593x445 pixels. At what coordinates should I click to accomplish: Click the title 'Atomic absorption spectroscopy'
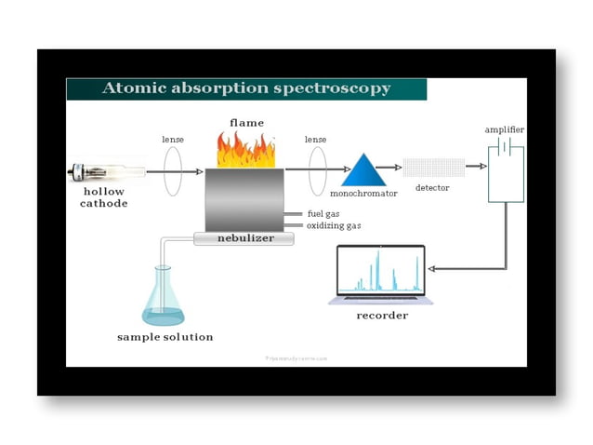coord(245,88)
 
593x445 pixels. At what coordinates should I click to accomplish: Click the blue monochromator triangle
coord(363,169)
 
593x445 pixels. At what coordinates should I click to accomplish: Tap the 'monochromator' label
coord(363,193)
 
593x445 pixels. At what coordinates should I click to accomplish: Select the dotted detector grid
coord(433,168)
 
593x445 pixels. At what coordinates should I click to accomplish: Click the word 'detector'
coord(432,188)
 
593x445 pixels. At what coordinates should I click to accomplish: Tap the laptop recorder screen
coord(380,270)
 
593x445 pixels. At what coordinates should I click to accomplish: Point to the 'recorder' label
coord(382,315)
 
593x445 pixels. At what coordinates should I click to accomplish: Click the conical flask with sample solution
coord(163,298)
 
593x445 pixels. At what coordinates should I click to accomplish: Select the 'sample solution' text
coord(165,336)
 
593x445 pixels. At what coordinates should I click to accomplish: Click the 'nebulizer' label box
coord(244,238)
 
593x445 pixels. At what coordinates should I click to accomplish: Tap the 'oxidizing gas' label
coord(334,225)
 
